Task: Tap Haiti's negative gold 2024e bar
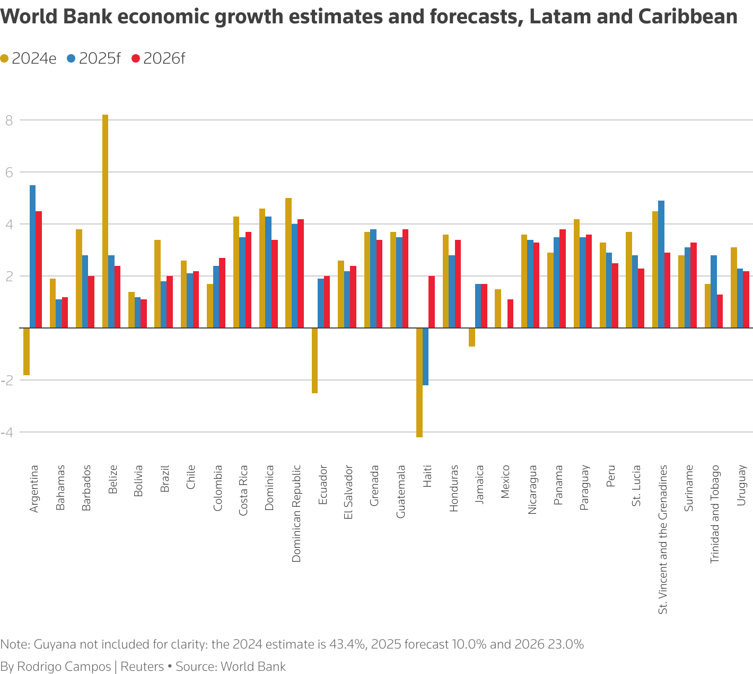pos(419,383)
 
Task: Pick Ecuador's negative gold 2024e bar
pos(314,360)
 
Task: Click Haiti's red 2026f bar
pos(432,302)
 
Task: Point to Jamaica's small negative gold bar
pos(472,338)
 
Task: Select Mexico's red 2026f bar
pos(510,314)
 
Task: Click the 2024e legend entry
pos(29,58)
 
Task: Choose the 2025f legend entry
pos(94,58)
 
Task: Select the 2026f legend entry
pos(159,58)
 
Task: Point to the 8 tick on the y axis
pos(9,120)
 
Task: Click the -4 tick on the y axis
pos(7,433)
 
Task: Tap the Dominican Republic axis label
pos(296,514)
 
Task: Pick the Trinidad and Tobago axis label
pos(715,514)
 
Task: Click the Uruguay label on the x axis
pos(742,485)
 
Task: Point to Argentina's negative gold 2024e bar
pos(27,352)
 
